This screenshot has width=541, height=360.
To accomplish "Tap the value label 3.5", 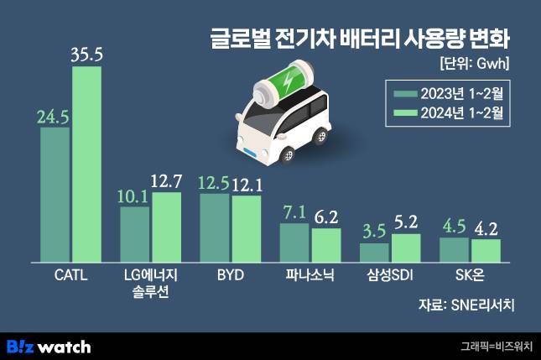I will coord(374,229).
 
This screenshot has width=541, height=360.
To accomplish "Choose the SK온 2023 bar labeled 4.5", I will coord(454,249).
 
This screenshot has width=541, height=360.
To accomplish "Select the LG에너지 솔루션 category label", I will coord(150,282).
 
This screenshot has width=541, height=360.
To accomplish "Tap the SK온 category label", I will coord(470,274).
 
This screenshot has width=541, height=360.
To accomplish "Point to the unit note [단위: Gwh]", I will coord(473,63).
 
